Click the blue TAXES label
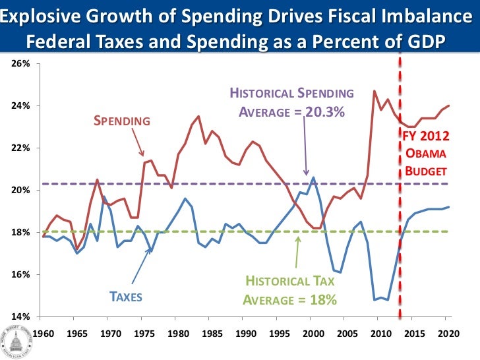pyautogui.click(x=125, y=297)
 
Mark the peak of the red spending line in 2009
pyautogui.click(x=375, y=91)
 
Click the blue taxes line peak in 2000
pyautogui.click(x=313, y=177)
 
